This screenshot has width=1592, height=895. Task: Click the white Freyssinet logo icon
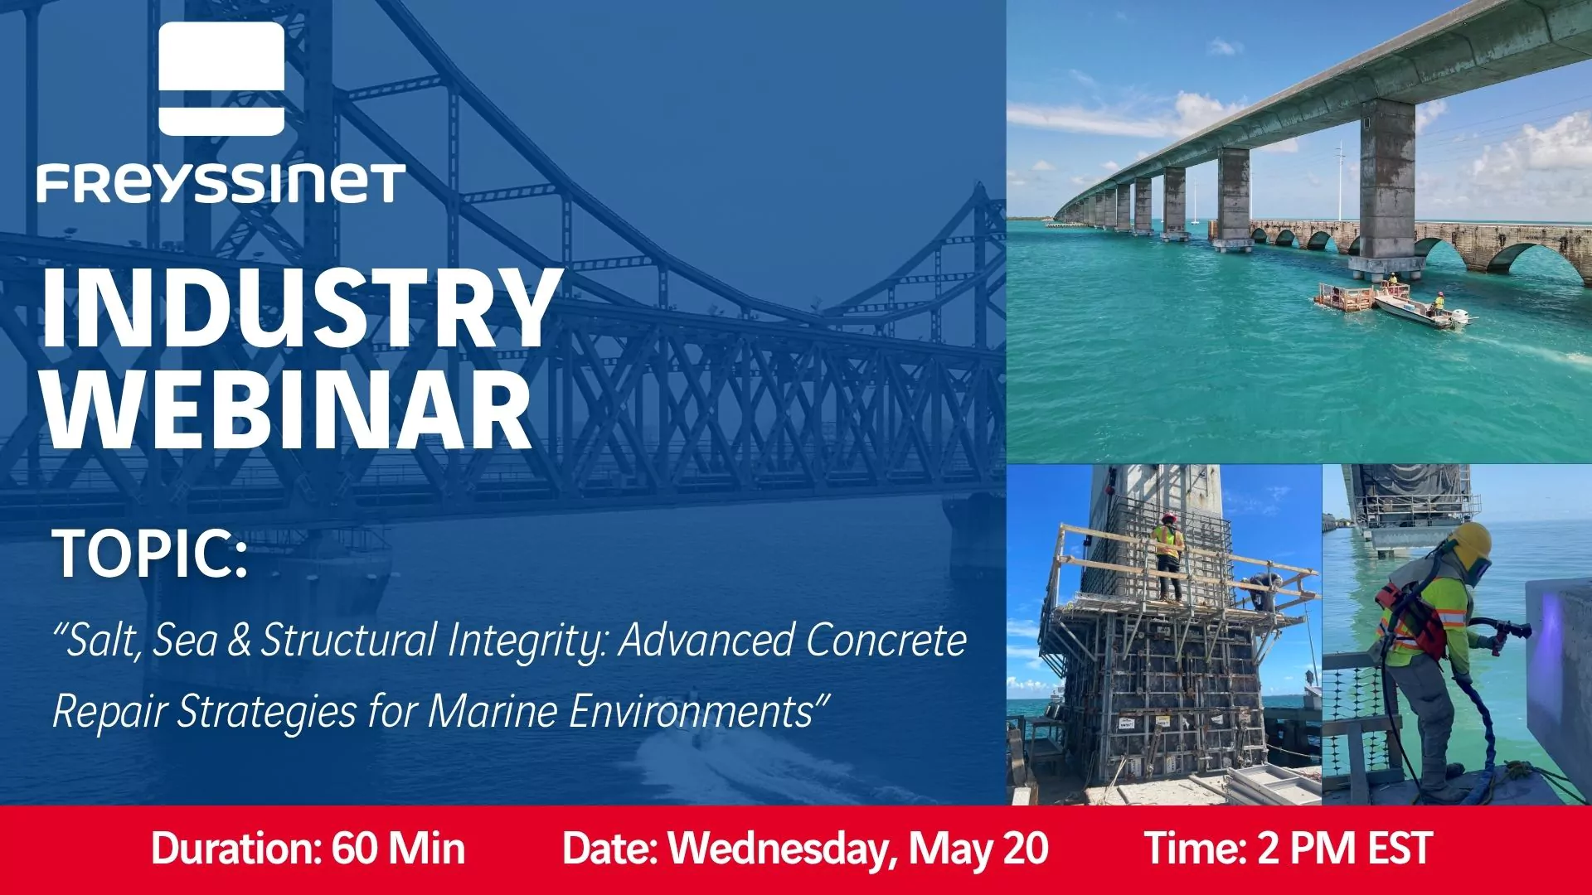tap(221, 79)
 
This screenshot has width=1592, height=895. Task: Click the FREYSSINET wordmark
tap(221, 184)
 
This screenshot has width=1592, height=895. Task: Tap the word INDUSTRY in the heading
tap(298, 308)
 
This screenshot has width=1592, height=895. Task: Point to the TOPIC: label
tap(150, 554)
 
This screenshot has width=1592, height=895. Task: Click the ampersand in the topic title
tap(239, 641)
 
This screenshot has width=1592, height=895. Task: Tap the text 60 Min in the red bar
tap(399, 849)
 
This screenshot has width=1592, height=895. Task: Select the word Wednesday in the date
tap(783, 849)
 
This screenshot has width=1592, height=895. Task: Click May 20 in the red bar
tap(978, 849)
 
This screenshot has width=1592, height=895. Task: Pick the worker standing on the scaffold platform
tap(1168, 555)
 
